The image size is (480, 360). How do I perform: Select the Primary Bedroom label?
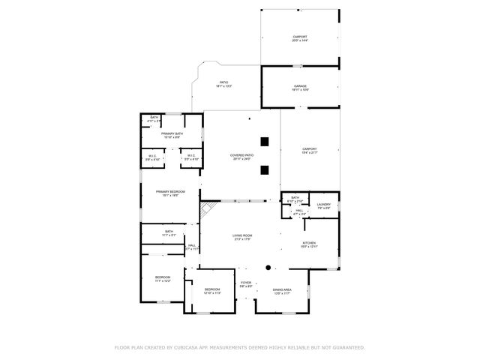coord(170,193)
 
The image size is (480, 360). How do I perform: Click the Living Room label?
coord(241,237)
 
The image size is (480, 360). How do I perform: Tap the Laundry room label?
coord(323,205)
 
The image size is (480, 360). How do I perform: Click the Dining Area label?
coord(282,290)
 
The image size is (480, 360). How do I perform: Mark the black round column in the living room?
coord(268,266)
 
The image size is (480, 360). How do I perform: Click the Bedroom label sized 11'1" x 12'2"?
coord(163,279)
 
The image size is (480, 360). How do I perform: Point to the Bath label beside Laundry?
coord(295,199)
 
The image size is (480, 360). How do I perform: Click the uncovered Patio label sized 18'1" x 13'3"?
coord(223,84)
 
